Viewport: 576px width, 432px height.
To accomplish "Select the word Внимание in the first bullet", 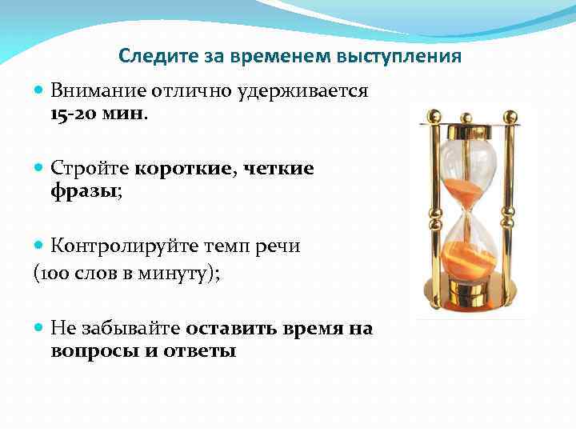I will [x=93, y=91].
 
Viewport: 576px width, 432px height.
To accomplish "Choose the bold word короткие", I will [x=181, y=168].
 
